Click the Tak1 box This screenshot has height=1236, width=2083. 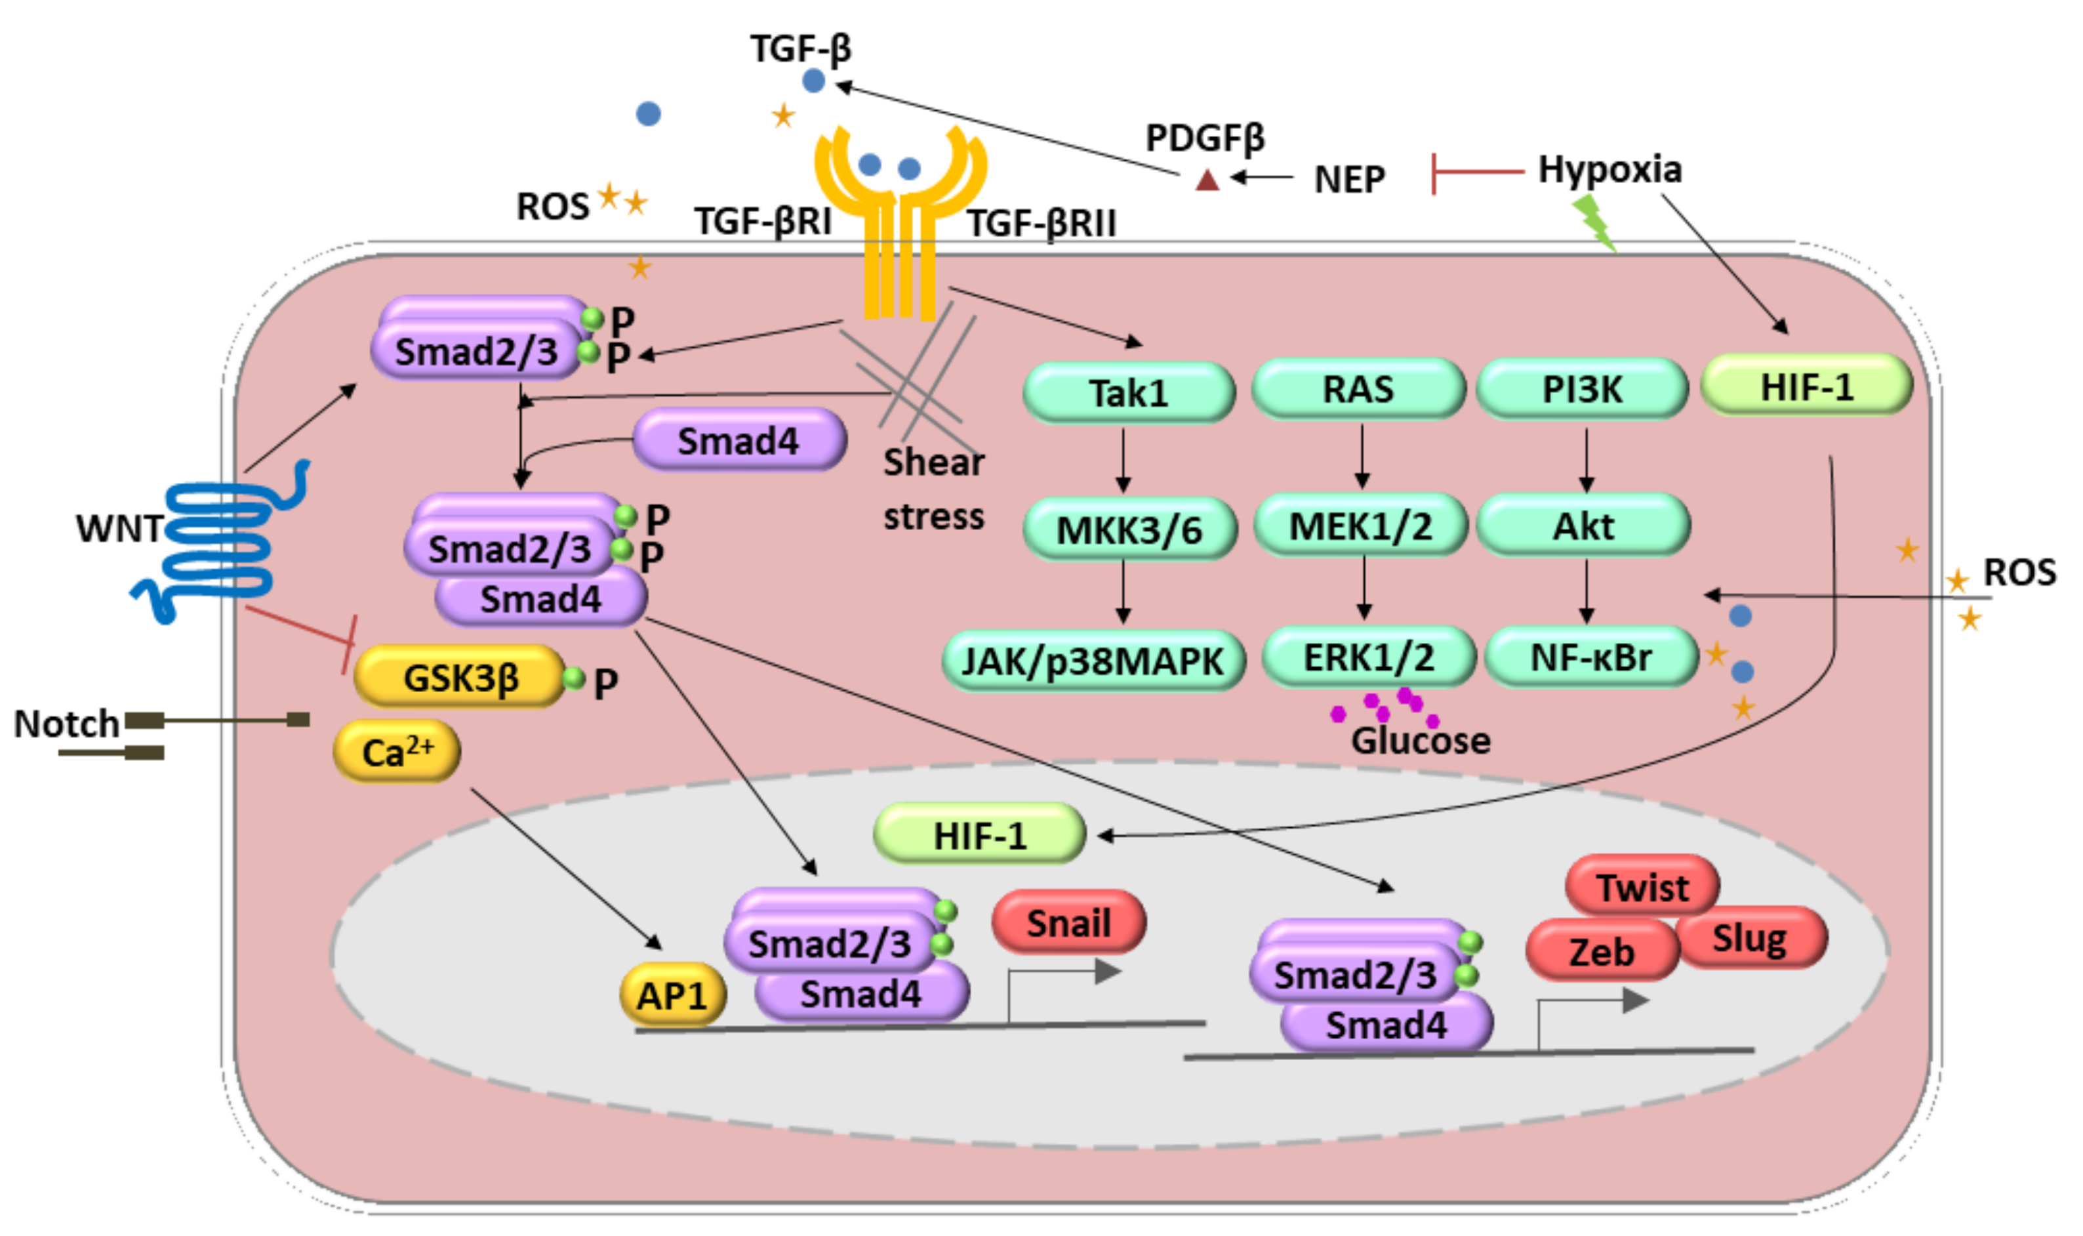(x=1129, y=392)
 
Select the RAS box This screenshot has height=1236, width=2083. (x=1359, y=389)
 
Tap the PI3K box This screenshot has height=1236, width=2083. (x=1583, y=389)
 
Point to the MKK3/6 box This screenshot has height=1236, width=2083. (x=1130, y=529)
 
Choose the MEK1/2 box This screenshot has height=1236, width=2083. (x=1360, y=525)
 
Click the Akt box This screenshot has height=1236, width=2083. (x=1583, y=525)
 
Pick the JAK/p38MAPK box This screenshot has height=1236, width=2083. (x=1093, y=661)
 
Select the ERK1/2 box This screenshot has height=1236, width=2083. (x=1369, y=657)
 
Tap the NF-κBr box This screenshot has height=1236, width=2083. (x=1591, y=657)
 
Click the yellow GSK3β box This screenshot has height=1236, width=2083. (x=460, y=676)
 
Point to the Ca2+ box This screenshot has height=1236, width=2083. (x=397, y=752)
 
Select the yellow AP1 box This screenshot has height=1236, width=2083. (x=673, y=995)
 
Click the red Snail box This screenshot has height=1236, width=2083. (x=1069, y=923)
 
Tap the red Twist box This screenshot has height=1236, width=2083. (x=1642, y=888)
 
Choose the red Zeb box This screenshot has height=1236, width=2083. (x=1602, y=951)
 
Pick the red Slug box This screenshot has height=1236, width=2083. (x=1751, y=939)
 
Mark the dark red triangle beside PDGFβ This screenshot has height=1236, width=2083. (x=1207, y=179)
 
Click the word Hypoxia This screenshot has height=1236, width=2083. (x=1609, y=170)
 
